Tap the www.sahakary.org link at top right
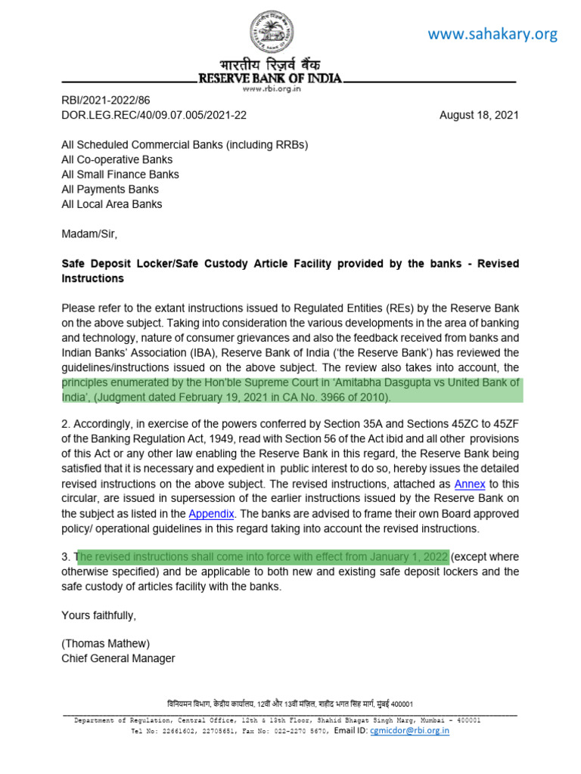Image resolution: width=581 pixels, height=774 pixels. point(492,34)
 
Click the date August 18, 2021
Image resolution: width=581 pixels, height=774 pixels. point(479,115)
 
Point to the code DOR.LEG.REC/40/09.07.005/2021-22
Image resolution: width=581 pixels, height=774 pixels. point(154,115)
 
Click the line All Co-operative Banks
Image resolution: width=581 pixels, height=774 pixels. point(117,159)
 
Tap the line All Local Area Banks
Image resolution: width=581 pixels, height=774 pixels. point(111,204)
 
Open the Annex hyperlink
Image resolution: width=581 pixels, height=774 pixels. point(469,484)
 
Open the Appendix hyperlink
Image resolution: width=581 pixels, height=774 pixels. point(211,513)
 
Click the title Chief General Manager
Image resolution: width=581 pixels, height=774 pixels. point(118,658)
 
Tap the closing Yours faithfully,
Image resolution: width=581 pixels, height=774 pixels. point(98,615)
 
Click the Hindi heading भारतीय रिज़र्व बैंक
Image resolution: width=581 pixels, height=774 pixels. point(271,66)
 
